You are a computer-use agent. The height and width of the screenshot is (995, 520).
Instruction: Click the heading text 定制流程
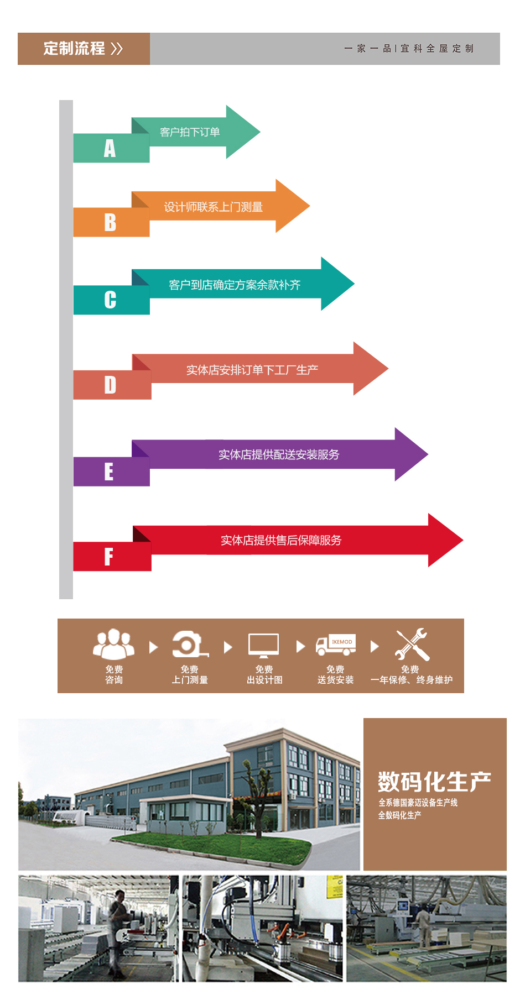pyautogui.click(x=74, y=49)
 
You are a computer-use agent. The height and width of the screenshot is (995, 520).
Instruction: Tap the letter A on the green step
pyautogui.click(x=110, y=149)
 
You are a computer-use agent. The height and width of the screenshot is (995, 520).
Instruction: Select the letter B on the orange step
pyautogui.click(x=110, y=223)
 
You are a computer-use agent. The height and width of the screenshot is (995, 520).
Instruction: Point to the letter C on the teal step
pyautogui.click(x=110, y=300)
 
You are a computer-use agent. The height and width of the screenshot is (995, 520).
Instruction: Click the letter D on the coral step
pyautogui.click(x=110, y=385)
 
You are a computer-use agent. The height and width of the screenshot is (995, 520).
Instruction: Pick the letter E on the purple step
pyautogui.click(x=109, y=472)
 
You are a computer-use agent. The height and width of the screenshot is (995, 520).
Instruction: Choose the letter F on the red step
pyautogui.click(x=109, y=557)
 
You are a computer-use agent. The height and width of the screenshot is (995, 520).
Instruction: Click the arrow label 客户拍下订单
pyautogui.click(x=190, y=132)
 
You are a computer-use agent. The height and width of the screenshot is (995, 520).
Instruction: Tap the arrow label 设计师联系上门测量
pyautogui.click(x=213, y=207)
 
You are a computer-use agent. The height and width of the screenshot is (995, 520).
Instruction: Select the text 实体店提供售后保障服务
pyautogui.click(x=281, y=540)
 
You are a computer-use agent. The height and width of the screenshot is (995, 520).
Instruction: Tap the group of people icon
pyautogui.click(x=114, y=644)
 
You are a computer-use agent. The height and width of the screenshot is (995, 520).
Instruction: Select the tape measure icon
pyautogui.click(x=190, y=645)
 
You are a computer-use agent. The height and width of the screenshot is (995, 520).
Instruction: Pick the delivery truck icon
pyautogui.click(x=336, y=645)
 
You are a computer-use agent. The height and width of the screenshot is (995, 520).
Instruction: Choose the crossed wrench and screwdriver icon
pyautogui.click(x=412, y=645)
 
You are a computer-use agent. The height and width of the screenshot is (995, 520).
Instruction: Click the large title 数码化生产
pyautogui.click(x=434, y=782)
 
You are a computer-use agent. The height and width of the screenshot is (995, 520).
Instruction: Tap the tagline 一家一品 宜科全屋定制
pyautogui.click(x=409, y=49)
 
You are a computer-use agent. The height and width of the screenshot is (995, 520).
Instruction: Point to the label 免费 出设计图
pyautogui.click(x=264, y=675)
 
